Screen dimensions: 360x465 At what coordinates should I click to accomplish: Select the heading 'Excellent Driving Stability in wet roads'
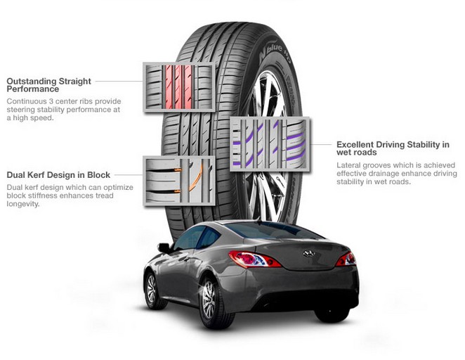pyautogui.click(x=393, y=148)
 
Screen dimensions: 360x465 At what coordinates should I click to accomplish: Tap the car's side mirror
pyautogui.click(x=164, y=247)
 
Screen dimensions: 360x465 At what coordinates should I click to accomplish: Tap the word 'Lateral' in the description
pyautogui.click(x=348, y=165)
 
